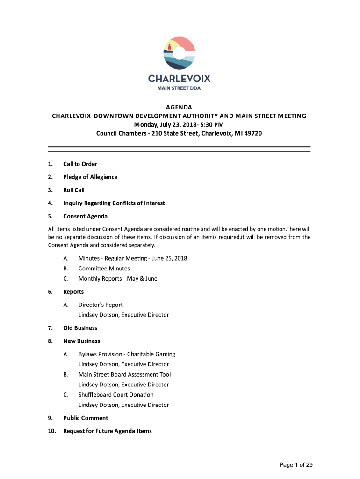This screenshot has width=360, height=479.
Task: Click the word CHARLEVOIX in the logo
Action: tap(179, 78)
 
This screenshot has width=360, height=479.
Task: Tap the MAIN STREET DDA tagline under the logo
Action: tap(179, 88)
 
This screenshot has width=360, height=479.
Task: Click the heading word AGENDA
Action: tap(179, 107)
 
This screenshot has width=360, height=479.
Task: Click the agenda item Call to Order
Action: tap(80, 164)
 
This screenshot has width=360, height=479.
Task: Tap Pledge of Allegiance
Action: tap(90, 177)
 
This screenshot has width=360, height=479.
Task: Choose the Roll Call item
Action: tap(74, 190)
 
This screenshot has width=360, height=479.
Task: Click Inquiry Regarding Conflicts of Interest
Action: tap(114, 203)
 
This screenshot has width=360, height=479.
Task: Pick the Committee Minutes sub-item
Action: tap(104, 269)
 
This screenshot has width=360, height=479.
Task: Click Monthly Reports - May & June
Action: tap(118, 279)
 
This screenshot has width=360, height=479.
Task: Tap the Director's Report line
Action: tap(101, 305)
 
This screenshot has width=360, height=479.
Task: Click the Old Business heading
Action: tap(80, 328)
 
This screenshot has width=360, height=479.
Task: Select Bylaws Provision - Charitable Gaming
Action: tap(127, 354)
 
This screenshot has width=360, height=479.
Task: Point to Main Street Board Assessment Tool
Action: tap(124, 374)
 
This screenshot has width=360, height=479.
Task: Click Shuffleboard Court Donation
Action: tap(116, 395)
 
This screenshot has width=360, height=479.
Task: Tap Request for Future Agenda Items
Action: tap(107, 431)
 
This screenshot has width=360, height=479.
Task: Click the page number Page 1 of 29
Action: tap(295, 464)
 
